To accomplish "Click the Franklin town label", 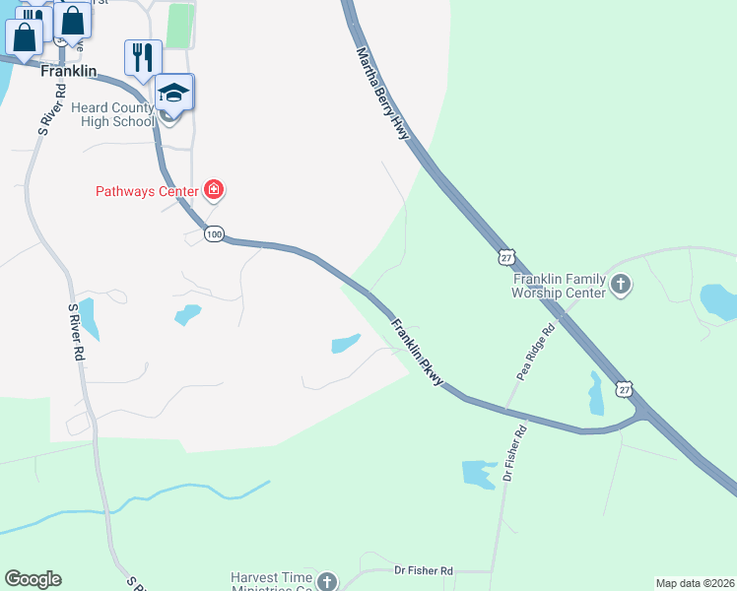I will click(68, 72).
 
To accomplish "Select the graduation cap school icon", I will click(173, 93).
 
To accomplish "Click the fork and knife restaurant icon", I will click(143, 57).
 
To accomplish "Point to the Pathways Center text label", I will click(147, 191).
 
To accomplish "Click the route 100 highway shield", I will click(215, 234).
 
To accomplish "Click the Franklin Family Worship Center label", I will click(558, 286).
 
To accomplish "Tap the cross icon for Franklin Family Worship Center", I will click(620, 286).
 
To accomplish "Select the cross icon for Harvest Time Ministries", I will click(327, 582).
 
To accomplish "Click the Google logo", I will click(33, 579).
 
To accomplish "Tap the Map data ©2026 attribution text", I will click(695, 583).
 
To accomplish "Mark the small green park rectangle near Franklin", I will click(179, 26).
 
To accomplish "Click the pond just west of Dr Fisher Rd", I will click(479, 473).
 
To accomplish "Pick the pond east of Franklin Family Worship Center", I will click(717, 300).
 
